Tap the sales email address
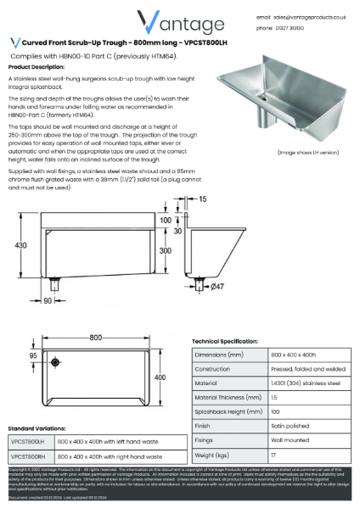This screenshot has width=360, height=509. pos(311,17)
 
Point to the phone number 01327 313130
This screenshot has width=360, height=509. pos(295,28)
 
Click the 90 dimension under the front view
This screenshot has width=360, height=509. pos(48,300)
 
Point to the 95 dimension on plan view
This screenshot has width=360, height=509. pos(33,357)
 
